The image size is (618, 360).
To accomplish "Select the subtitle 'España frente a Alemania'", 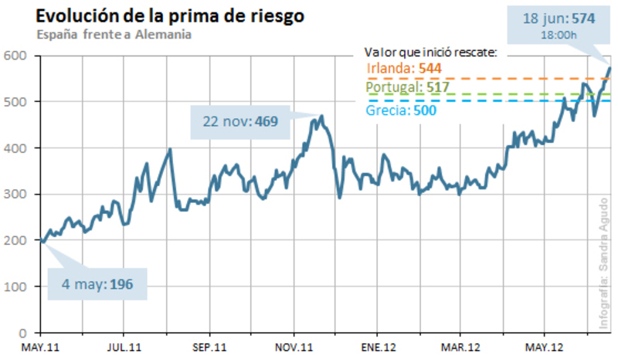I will [113, 35].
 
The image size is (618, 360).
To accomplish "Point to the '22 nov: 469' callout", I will [240, 121].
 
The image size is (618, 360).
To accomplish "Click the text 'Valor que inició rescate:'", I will [430, 53].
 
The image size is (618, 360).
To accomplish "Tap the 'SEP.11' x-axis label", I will [208, 347].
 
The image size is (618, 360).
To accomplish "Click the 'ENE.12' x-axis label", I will [377, 347].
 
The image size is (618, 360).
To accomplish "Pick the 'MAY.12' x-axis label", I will [544, 347].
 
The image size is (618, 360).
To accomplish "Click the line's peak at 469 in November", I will [321, 116].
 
